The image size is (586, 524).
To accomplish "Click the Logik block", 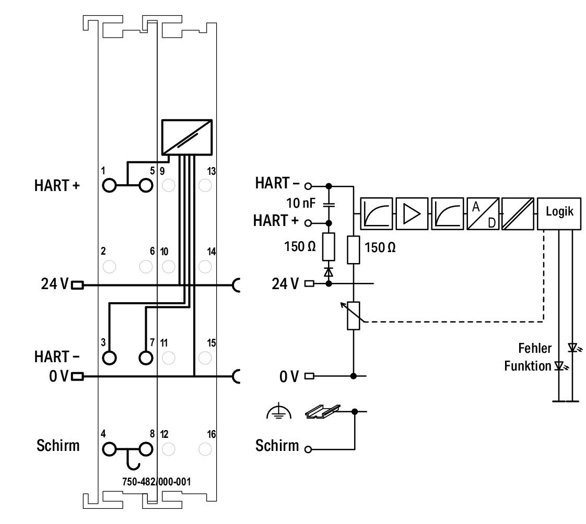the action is point(559,213).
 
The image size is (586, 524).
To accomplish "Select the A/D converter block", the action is point(483,213).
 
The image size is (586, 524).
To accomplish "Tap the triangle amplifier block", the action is point(412,213).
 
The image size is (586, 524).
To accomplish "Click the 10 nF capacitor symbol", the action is point(329,204).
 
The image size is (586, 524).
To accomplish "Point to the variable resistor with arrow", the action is point(353,316).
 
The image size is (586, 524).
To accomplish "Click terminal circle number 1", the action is point(109,185).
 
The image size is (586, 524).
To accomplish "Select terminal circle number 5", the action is point(146,185).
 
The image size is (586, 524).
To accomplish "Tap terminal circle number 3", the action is point(109,358).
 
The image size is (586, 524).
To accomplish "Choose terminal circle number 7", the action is point(146,358).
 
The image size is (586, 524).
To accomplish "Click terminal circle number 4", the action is point(109,449).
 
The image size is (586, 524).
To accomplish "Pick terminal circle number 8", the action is point(146,449).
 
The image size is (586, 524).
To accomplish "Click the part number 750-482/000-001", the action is point(156,481).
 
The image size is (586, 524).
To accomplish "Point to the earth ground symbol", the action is point(278,412).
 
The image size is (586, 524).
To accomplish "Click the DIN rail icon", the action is point(323,411).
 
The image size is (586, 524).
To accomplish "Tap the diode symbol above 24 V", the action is point(329,272).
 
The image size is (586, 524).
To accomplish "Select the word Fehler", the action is point(535,348).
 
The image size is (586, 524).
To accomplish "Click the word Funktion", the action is point(528,366).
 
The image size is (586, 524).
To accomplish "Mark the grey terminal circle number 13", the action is point(205,185).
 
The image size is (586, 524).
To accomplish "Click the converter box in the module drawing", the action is point(187,137).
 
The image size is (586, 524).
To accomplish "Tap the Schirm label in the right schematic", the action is point(277,446).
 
